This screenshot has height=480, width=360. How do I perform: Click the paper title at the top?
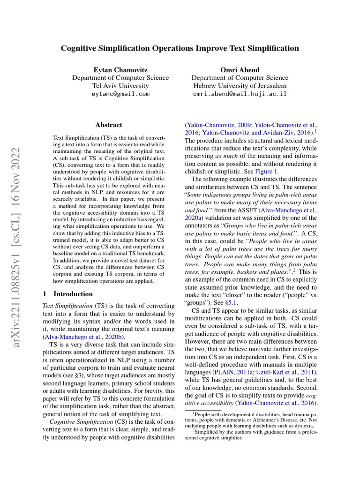coord(180,48)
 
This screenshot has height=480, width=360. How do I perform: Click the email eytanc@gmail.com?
coord(120,94)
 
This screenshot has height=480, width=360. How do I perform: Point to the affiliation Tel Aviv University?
coord(120,86)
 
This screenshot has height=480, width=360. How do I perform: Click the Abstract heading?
coord(108,125)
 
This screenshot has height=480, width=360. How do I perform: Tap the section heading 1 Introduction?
coord(67,294)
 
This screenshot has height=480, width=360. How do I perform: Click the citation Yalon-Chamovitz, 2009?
coord(219,125)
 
